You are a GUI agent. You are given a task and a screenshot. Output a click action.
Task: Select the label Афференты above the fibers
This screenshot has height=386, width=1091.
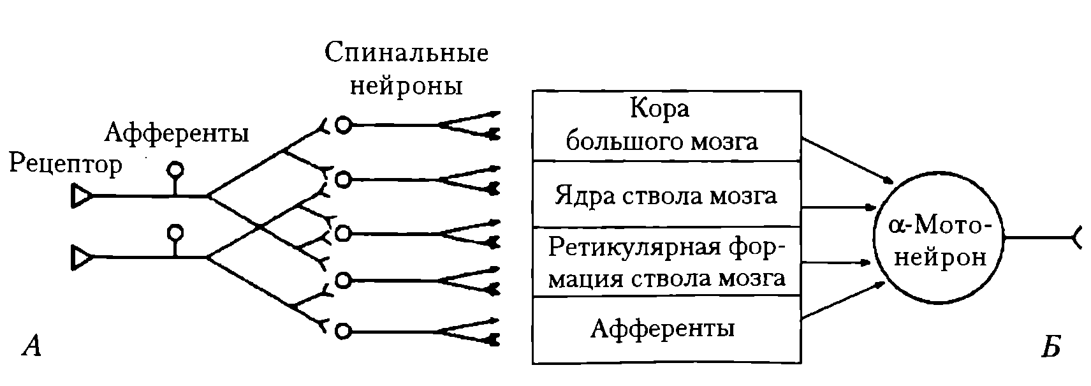point(176,133)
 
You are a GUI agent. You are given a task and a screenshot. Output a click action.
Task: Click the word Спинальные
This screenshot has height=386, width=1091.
point(406,52)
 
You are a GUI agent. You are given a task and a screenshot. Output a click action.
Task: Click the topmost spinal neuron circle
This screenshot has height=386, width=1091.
point(343,125)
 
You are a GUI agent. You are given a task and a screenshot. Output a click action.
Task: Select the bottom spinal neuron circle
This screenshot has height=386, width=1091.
point(343,331)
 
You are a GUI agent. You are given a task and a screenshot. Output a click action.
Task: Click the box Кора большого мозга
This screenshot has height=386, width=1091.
point(666,125)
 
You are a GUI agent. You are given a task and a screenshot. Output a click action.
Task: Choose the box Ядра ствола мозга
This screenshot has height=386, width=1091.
point(666,194)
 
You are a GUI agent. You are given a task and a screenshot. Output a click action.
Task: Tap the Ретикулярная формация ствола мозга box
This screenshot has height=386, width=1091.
point(666,262)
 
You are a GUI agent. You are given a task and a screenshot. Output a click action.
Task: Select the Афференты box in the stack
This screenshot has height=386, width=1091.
point(666,329)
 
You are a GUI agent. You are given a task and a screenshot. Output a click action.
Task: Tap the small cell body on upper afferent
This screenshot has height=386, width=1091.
point(175,170)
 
